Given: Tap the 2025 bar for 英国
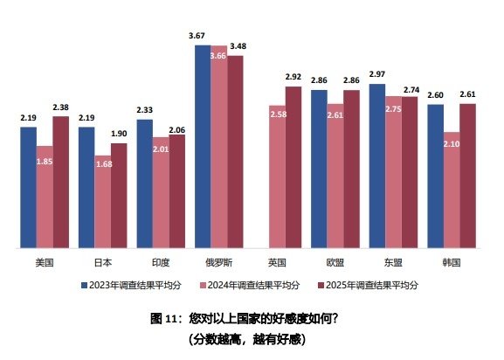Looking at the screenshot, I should click(293, 167).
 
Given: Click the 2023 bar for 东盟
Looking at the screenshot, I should click(377, 166).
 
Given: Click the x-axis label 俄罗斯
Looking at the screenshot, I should click(218, 261).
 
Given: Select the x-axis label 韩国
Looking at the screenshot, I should click(451, 261).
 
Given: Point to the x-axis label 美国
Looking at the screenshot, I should click(45, 261).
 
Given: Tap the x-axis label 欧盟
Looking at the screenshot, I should click(335, 261).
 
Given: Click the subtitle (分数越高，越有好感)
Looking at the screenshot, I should click(251, 336).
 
